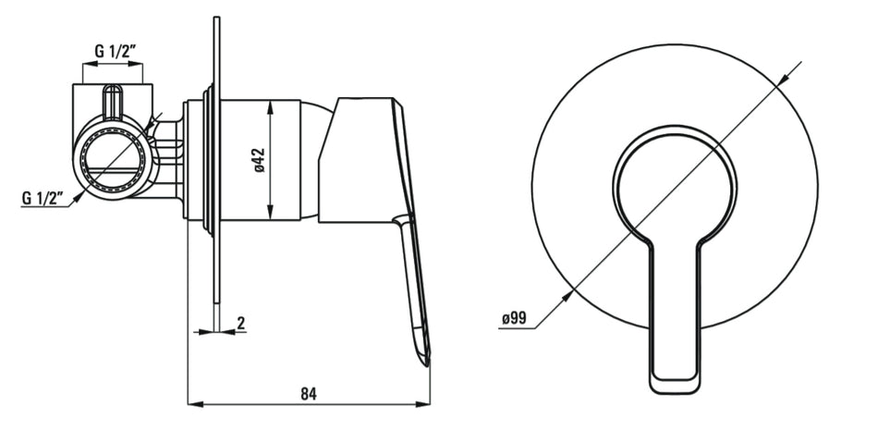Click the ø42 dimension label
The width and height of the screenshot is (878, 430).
(260, 160)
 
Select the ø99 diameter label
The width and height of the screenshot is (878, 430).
(514, 318)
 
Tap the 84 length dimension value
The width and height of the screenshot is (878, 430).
(309, 394)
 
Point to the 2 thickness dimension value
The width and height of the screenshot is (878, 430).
(241, 323)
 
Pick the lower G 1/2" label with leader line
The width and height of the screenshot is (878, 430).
(43, 198)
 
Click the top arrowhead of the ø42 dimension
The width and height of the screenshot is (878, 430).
(271, 107)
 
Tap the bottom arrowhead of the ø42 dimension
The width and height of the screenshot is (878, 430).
(271, 214)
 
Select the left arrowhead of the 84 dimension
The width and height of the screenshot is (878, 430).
(194, 404)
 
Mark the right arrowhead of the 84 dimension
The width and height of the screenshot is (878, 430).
(422, 404)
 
